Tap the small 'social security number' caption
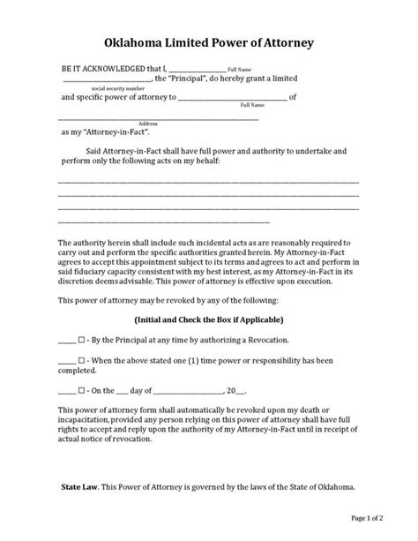[x=117, y=88]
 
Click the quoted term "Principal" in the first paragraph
[x=188, y=79]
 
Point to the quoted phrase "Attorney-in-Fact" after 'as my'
[x=112, y=131]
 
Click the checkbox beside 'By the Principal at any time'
[x=82, y=340]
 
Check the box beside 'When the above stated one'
[x=82, y=360]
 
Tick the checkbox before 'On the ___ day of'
[x=82, y=389]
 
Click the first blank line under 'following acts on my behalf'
[x=208, y=183]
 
